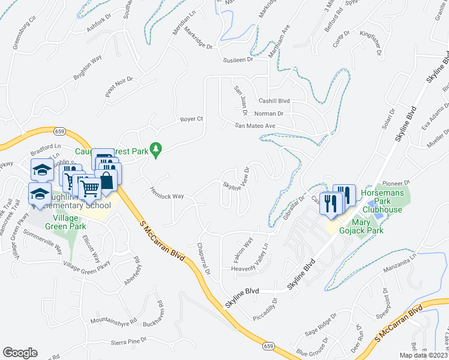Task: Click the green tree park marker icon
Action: [156, 149]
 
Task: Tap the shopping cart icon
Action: [90, 188]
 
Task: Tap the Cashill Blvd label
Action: [274, 101]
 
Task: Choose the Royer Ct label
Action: [192, 119]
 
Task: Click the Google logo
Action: [20, 352]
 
